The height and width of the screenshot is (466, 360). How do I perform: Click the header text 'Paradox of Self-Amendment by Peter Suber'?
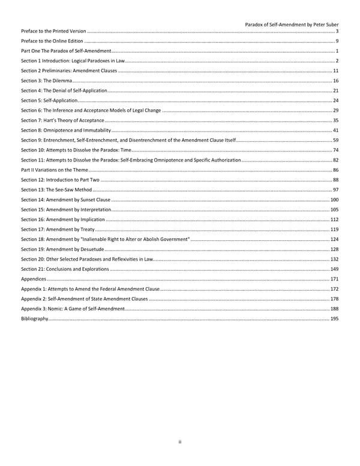point(292,25)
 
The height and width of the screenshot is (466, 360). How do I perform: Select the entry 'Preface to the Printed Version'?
point(53,31)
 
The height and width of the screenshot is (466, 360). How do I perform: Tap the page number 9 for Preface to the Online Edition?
point(337,41)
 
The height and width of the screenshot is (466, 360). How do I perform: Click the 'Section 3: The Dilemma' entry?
point(47,80)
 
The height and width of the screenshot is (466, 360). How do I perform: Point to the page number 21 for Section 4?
point(335,90)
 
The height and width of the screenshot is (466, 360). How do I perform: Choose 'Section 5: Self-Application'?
point(50,100)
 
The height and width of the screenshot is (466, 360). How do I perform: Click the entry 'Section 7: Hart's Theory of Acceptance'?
point(62,121)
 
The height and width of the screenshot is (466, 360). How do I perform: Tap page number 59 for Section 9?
point(335,140)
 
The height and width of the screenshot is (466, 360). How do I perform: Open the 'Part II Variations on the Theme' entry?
point(55,170)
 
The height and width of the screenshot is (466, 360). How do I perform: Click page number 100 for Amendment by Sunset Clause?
point(334,199)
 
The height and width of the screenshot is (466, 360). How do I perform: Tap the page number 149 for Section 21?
point(334,269)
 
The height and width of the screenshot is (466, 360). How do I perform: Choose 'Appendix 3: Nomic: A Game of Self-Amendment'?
point(73,309)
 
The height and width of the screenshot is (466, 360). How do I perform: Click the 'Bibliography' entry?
point(35,319)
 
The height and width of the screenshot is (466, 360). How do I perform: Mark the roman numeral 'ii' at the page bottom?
point(180,443)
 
